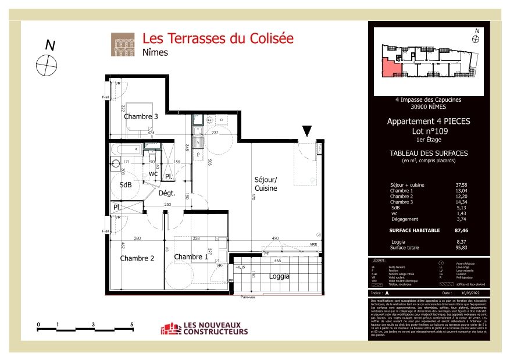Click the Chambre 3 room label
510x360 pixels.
click(141, 116)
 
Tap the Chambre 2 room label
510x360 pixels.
click(137, 258)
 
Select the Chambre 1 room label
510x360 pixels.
click(191, 257)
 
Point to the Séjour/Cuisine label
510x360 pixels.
click(265, 184)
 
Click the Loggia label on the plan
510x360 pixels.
click(280, 276)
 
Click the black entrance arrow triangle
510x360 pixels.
click(307, 131)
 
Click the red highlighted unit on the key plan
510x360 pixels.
click(390, 69)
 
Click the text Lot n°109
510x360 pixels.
click(429, 131)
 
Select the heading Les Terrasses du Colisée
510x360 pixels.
click(218, 39)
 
